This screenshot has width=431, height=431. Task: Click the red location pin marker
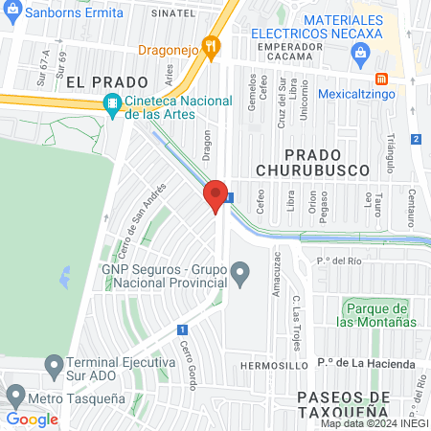pyautogui.click(x=215, y=196)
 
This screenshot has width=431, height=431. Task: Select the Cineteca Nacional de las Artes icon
pyautogui.click(x=113, y=103)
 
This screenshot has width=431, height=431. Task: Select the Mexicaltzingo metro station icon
pyautogui.click(x=381, y=79)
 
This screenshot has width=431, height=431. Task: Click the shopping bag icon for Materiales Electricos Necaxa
pyautogui.click(x=359, y=49)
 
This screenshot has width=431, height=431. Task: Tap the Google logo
pyautogui.click(x=32, y=419)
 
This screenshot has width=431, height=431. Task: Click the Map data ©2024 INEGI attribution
pyautogui.click(x=374, y=422)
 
